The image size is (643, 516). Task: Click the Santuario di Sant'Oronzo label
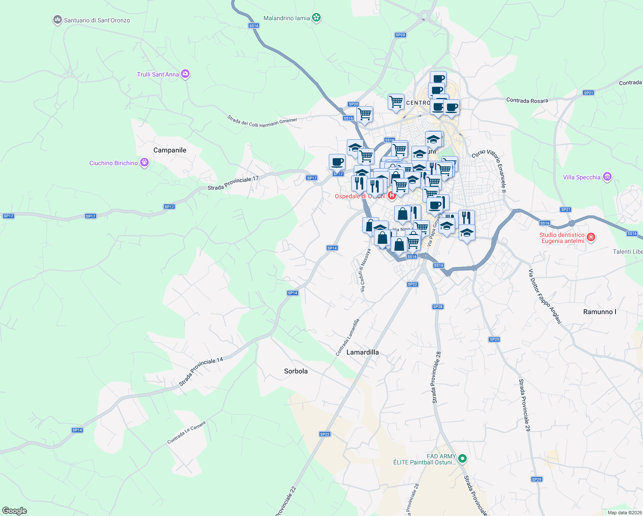click(97, 20)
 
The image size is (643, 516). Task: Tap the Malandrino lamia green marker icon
click(317, 18)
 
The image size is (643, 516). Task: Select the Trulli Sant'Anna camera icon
click(185, 74)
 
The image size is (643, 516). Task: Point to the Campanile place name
click(170, 150)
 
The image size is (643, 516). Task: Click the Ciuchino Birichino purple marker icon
click(144, 163)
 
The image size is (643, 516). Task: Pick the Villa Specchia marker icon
click(607, 176)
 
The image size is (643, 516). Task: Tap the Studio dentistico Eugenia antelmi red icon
click(591, 237)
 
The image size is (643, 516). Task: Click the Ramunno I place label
click(600, 312)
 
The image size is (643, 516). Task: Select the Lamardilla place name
click(362, 352)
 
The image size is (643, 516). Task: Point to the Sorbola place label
click(296, 371)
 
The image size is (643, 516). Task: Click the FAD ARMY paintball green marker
click(462, 459)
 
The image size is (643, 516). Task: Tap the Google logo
click(15, 511)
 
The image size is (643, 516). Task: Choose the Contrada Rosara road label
click(527, 100)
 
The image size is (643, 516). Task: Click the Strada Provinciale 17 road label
click(233, 184)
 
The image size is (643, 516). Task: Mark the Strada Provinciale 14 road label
click(201, 372)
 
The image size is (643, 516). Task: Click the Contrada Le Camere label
click(187, 433)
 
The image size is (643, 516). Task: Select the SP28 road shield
click(438, 307)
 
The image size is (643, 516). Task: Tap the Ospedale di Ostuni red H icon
click(392, 196)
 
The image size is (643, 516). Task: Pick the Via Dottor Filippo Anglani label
click(545, 296)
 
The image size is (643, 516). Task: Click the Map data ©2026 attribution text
click(625, 513)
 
